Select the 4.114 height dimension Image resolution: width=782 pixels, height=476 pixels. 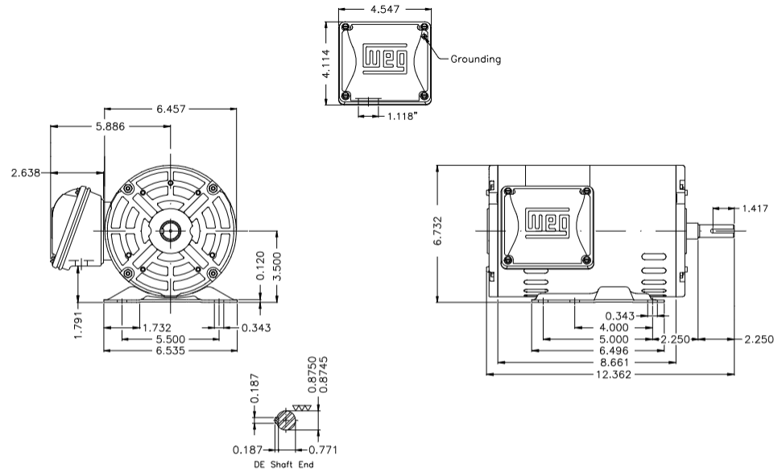[x=325, y=63]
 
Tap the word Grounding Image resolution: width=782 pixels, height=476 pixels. [x=475, y=59]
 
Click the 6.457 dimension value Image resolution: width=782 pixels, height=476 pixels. [x=170, y=110]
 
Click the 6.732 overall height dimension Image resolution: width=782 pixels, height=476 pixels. [x=438, y=234]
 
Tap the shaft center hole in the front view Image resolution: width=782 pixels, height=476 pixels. [x=170, y=232]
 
